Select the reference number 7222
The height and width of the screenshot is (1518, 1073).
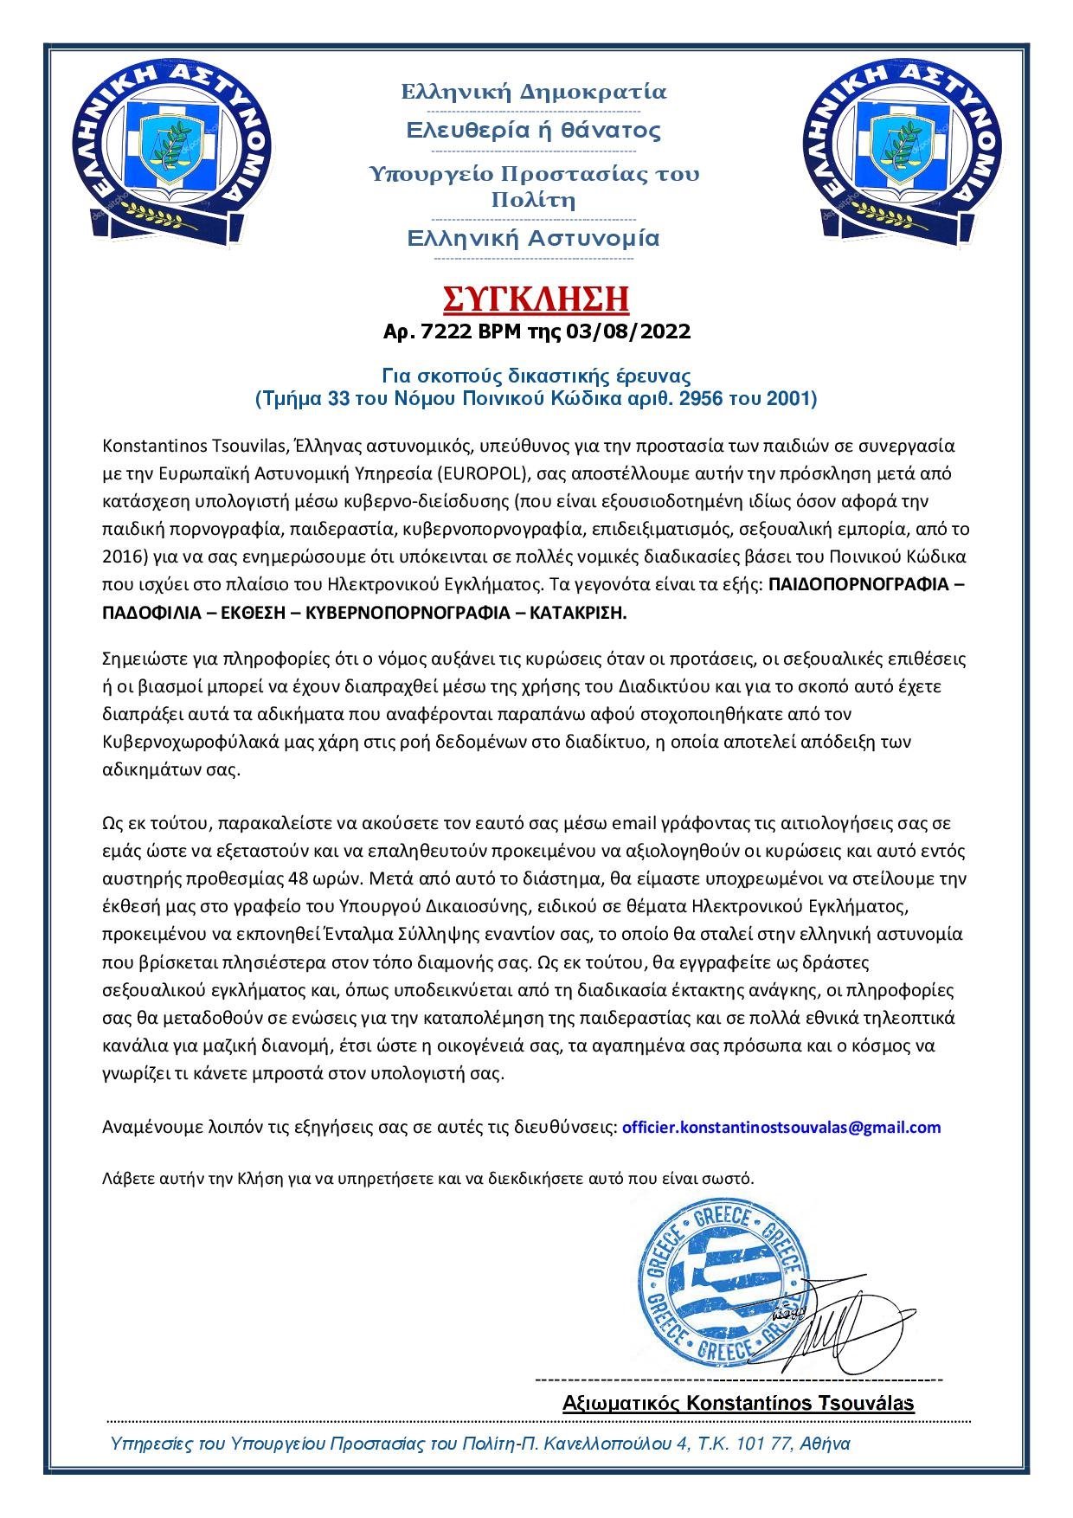pyautogui.click(x=441, y=331)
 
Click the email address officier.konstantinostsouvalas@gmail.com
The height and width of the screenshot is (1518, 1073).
pyautogui.click(x=781, y=1127)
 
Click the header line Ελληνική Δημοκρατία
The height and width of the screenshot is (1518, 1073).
pyautogui.click(x=534, y=92)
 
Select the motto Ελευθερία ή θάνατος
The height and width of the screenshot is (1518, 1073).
pyautogui.click(x=534, y=131)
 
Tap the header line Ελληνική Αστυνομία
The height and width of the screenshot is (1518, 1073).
pyautogui.click(x=534, y=238)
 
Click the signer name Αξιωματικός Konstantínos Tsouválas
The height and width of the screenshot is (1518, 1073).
pyautogui.click(x=738, y=1403)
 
